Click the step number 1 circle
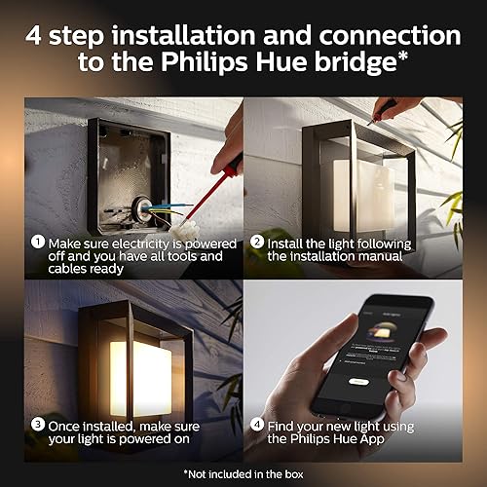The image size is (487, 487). pyautogui.click(x=36, y=243)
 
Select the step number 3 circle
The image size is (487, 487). pyautogui.click(x=36, y=425)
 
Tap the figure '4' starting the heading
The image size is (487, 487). pyautogui.click(x=38, y=35)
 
